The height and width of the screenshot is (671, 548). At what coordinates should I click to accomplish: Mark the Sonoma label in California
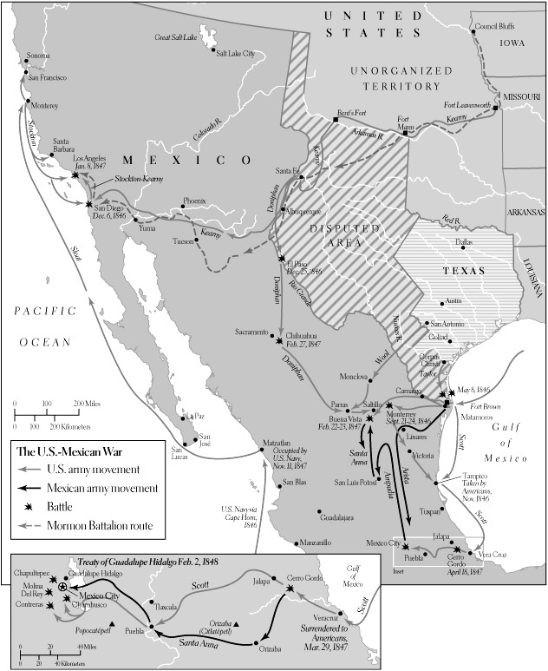[39, 56]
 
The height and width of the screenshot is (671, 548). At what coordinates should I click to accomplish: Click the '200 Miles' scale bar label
[88, 405]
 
